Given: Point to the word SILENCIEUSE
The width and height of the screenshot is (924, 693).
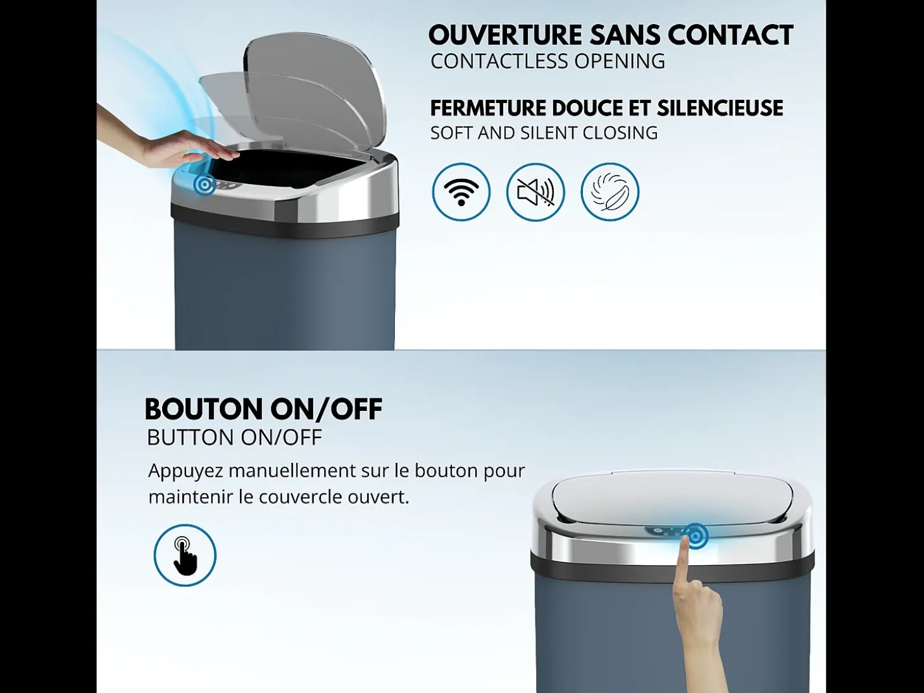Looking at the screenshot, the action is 720,108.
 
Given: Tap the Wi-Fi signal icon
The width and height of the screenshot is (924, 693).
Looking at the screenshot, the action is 461,192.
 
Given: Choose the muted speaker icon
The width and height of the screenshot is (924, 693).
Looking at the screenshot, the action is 535,192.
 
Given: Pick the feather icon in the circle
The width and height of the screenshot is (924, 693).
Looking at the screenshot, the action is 610,192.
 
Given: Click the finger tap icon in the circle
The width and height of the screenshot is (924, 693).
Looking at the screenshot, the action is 185,555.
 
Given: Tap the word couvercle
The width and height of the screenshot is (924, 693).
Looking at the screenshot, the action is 300,497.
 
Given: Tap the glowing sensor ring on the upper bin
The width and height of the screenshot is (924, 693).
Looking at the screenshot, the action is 204,184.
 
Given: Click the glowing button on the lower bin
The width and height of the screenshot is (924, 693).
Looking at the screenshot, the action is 696,536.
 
